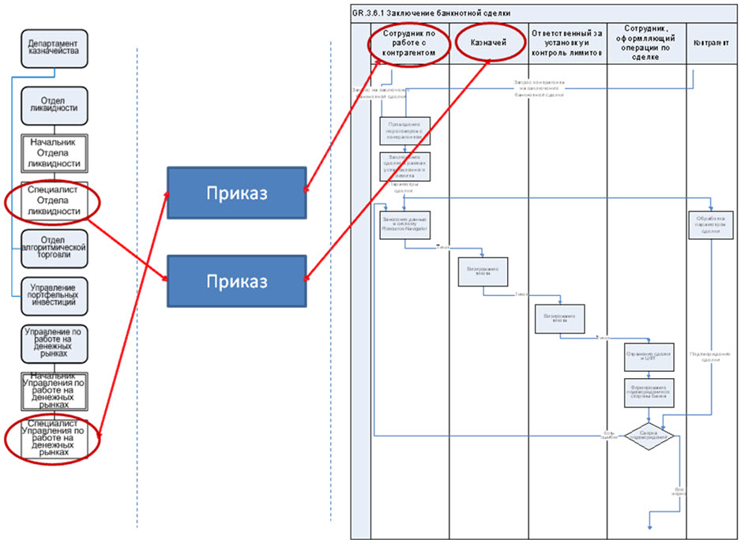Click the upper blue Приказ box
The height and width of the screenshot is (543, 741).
tap(235, 194)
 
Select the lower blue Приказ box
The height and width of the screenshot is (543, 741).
tap(235, 281)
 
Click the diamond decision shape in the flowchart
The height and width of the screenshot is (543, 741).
tap(649, 436)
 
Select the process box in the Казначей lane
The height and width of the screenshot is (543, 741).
tap(483, 273)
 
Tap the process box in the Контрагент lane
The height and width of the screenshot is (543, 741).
tap(712, 226)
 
